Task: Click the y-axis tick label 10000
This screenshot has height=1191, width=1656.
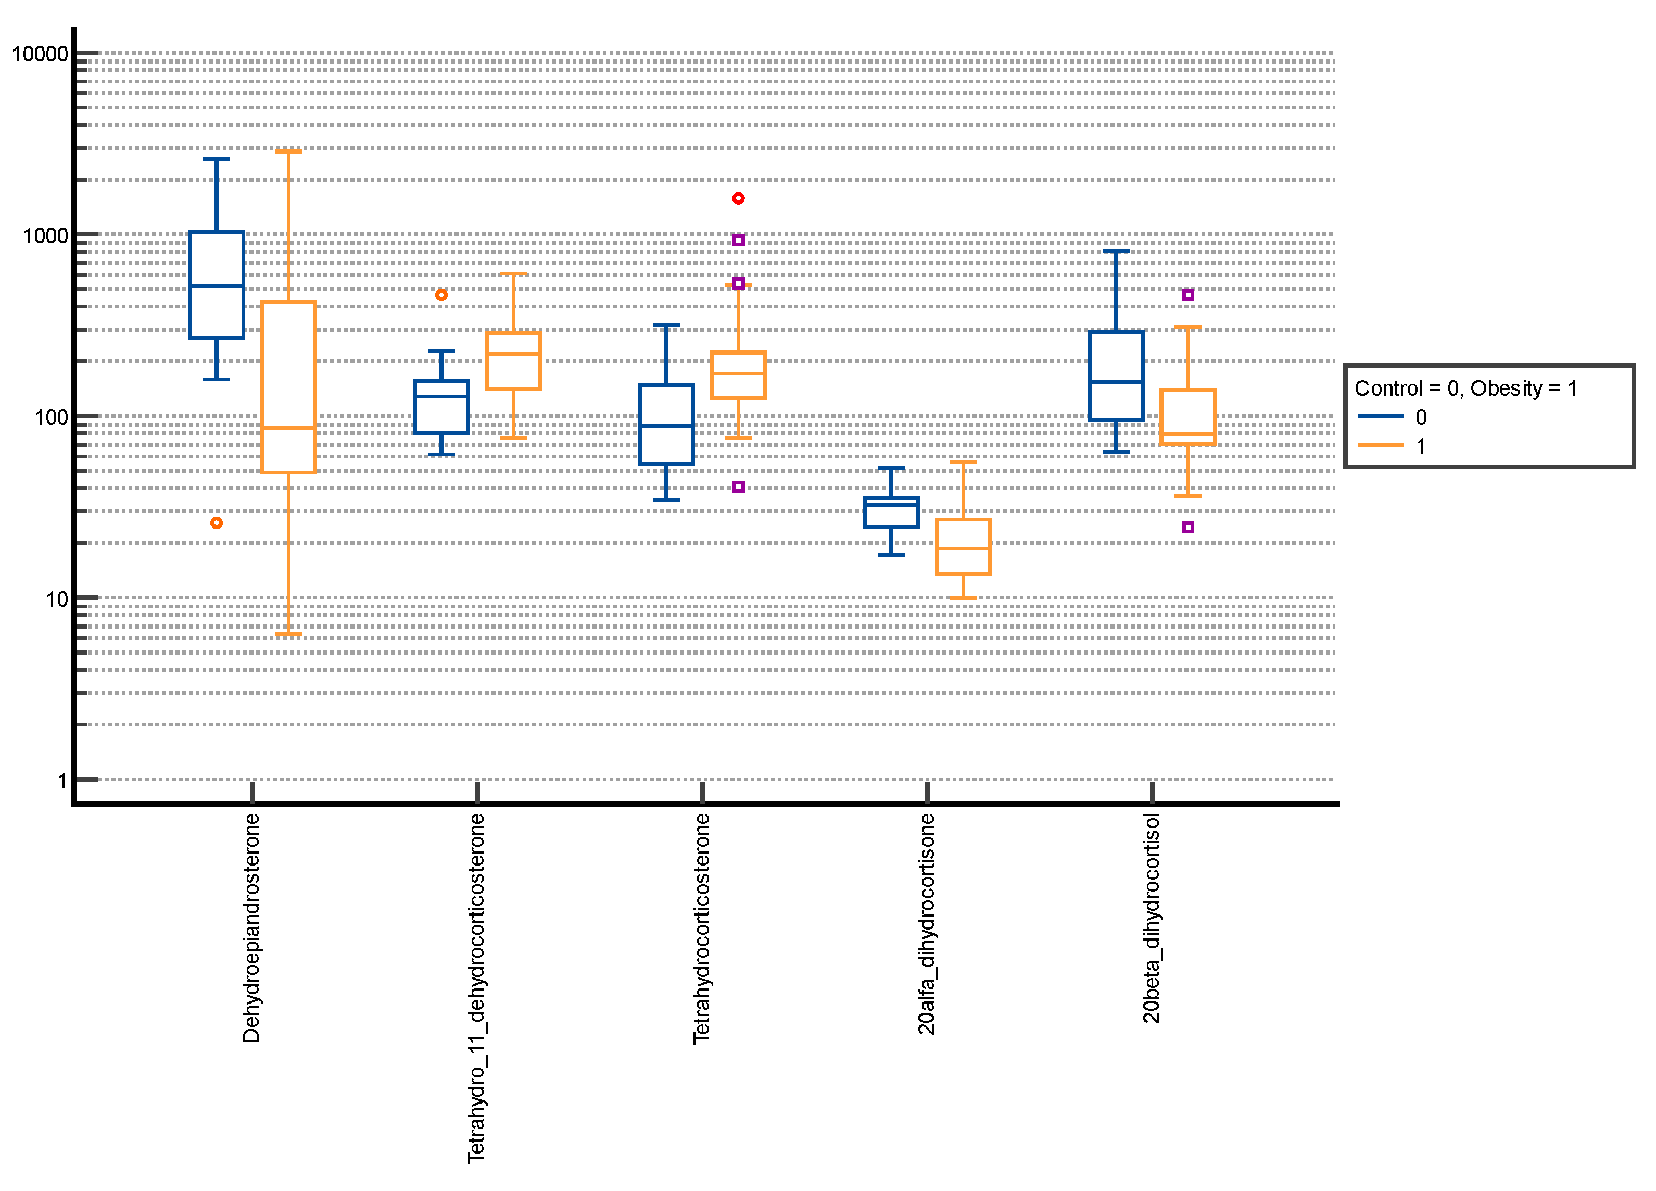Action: pyautogui.click(x=40, y=54)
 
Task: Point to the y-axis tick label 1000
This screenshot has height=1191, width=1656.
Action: pyautogui.click(x=45, y=236)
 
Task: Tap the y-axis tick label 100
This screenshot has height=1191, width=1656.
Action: pyautogui.click(x=51, y=418)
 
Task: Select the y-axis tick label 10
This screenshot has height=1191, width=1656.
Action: pyautogui.click(x=57, y=599)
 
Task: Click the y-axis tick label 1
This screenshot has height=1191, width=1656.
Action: pyautogui.click(x=63, y=781)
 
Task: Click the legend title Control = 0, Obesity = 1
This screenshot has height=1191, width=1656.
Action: pyautogui.click(x=1465, y=388)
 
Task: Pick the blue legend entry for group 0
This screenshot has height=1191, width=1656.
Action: pyautogui.click(x=1391, y=417)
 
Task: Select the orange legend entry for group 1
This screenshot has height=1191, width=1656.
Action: pyautogui.click(x=1391, y=445)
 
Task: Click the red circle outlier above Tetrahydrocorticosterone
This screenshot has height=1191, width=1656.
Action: pyautogui.click(x=738, y=198)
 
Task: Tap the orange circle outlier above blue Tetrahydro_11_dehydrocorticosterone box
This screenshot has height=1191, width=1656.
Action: pyautogui.click(x=441, y=295)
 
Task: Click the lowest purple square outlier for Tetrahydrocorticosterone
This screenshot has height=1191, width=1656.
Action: pyautogui.click(x=738, y=487)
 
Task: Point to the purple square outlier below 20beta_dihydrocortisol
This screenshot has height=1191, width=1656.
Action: pyautogui.click(x=1188, y=527)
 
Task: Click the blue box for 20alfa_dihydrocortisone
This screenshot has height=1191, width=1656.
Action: pyautogui.click(x=891, y=512)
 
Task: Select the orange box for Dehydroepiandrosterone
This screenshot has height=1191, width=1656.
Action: pyautogui.click(x=288, y=387)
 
